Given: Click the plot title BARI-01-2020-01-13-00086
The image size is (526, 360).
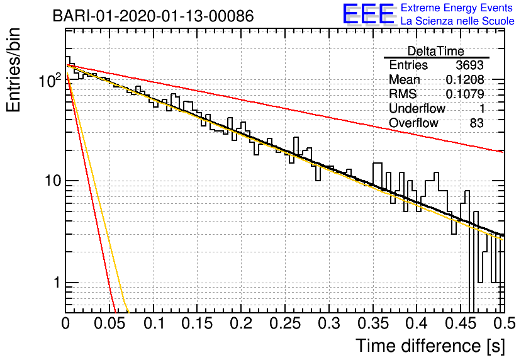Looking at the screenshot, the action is [154, 16].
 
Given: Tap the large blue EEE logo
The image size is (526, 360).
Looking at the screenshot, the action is [369, 14].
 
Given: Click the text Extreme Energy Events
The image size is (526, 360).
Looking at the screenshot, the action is [457, 8].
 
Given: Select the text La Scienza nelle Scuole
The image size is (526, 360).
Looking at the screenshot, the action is [457, 21].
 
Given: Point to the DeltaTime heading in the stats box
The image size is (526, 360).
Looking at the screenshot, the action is [436, 51].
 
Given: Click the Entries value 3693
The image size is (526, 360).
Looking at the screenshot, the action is [469, 65].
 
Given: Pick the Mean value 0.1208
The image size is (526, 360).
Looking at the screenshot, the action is [465, 79].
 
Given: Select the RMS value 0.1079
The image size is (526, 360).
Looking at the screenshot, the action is [465, 94].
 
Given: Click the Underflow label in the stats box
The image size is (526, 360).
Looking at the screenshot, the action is [417, 108].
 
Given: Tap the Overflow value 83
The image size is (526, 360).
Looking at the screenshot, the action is [477, 123].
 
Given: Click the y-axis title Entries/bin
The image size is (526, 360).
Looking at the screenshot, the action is [13, 70].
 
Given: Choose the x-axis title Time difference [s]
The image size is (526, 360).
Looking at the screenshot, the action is [430, 346].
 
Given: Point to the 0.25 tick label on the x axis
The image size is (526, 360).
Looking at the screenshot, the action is [285, 323].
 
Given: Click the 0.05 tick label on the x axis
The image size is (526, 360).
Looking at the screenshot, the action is [109, 323].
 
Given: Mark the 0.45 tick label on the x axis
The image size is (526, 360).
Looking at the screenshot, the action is [461, 323].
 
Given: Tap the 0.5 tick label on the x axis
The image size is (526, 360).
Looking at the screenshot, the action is [505, 323].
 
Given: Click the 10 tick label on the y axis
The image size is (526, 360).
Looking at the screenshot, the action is [53, 181].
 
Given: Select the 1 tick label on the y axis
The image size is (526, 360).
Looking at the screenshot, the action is [57, 283].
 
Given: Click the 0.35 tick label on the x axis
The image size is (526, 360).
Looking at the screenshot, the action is [373, 323].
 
